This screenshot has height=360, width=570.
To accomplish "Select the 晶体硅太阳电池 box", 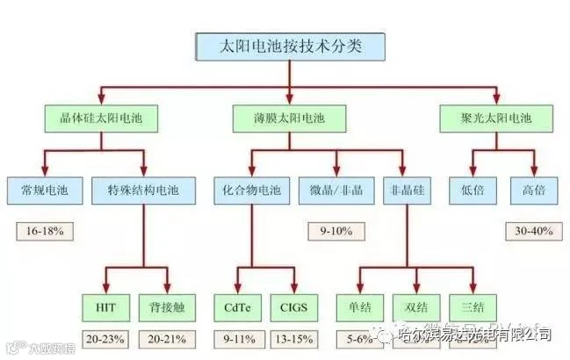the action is [89, 118].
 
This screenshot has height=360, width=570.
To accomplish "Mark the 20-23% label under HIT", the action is [106, 339].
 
